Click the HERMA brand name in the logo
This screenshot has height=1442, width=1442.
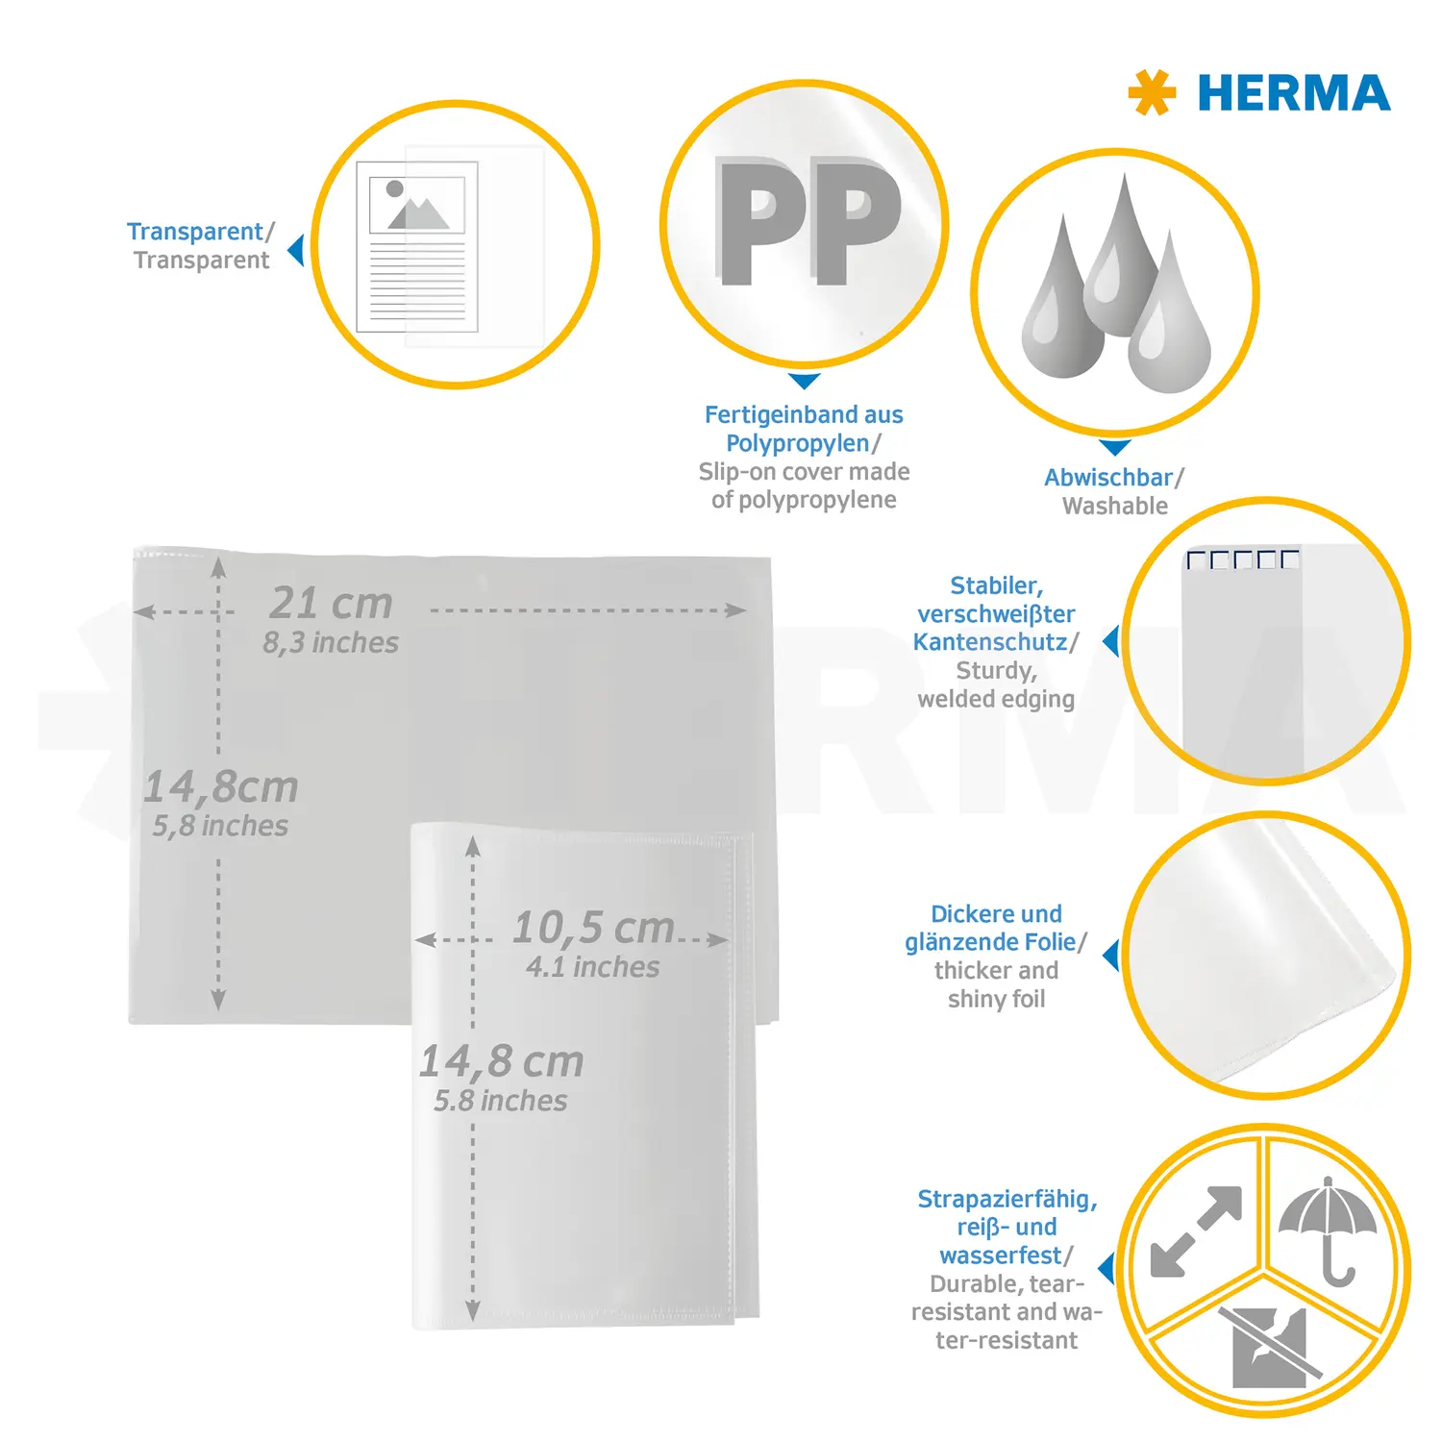(1293, 93)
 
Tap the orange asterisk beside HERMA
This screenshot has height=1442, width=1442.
(1152, 93)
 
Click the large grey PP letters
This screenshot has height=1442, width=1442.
(808, 222)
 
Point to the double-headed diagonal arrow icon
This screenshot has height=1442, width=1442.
(1196, 1231)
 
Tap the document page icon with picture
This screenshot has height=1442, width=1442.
(417, 247)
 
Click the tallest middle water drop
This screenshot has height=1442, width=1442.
(1121, 254)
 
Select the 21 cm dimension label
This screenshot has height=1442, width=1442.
(331, 603)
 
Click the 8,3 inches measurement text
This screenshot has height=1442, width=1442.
(331, 642)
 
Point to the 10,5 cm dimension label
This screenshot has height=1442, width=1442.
(593, 928)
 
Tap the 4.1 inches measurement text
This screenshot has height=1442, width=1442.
(593, 967)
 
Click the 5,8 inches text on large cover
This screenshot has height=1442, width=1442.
(220, 826)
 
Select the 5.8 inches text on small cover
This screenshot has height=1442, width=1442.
(501, 1101)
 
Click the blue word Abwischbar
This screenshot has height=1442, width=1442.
(1108, 478)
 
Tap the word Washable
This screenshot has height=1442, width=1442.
(1115, 506)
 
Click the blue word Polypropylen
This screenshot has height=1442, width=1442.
(798, 444)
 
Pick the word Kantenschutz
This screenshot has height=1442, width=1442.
(990, 642)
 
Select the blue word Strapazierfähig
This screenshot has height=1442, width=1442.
(1007, 1200)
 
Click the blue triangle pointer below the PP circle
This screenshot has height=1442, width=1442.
(805, 381)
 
